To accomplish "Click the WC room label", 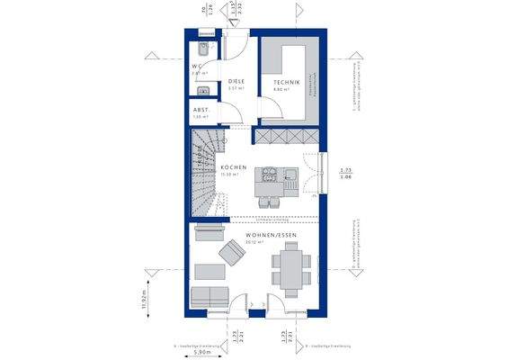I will point(197,67).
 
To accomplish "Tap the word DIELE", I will point(236,81).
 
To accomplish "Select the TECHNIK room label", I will point(286,83).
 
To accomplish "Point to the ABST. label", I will point(200,110).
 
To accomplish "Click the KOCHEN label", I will point(234,167).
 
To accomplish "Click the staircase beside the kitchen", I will point(205,171).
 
